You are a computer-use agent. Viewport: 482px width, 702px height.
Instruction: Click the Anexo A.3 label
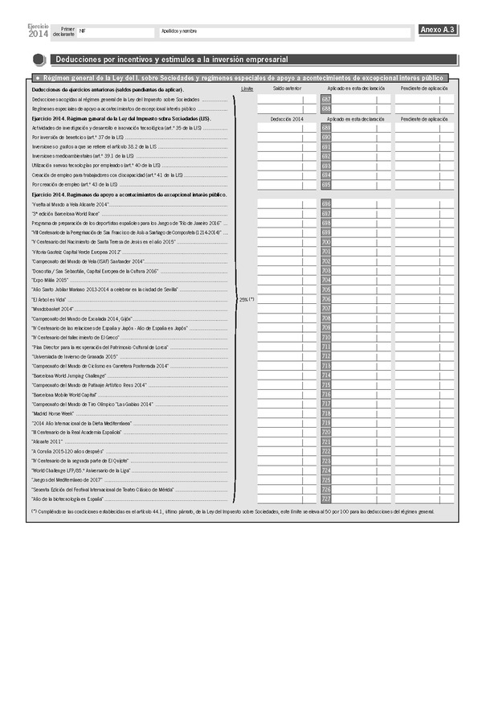[x=438, y=31]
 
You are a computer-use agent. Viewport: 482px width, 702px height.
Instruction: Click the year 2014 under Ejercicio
[x=38, y=34]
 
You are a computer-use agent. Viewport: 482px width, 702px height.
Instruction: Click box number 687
[x=326, y=99]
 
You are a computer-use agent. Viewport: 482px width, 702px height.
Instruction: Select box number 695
[x=326, y=185]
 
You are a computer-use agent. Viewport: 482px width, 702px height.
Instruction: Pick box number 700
[x=326, y=241]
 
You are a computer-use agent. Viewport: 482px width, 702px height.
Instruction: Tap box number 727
[x=326, y=499]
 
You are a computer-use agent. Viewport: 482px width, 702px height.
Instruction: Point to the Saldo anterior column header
[x=287, y=88]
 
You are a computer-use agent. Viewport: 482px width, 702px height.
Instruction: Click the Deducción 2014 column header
[x=287, y=118]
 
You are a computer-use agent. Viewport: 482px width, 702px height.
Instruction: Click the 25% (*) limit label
[x=247, y=299]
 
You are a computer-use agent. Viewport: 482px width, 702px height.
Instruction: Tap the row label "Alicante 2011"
[x=47, y=441]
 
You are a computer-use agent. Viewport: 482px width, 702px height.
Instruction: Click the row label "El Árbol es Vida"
[x=51, y=299]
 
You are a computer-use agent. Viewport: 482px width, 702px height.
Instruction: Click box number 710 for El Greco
[x=326, y=337]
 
